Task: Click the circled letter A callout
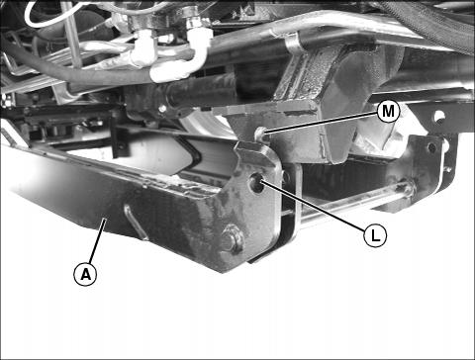pyautogui.click(x=85, y=274)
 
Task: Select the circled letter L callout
pyautogui.click(x=375, y=235)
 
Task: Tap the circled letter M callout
pyautogui.click(x=388, y=112)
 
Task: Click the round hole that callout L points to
pyautogui.click(x=256, y=182)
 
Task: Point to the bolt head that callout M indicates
pyautogui.click(x=259, y=133)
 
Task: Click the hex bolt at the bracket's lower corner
pyautogui.click(x=233, y=238)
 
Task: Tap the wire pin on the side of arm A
pyautogui.click(x=135, y=222)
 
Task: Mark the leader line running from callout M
pyautogui.click(x=321, y=124)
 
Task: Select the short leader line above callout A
pyautogui.click(x=97, y=240)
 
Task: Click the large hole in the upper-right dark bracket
pyautogui.click(x=438, y=117)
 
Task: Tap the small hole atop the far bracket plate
pyautogui.click(x=431, y=147)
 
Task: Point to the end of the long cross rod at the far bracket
pyautogui.click(x=410, y=189)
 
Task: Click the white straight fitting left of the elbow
pyautogui.click(x=143, y=48)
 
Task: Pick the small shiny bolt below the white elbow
pyautogui.click(x=162, y=109)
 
